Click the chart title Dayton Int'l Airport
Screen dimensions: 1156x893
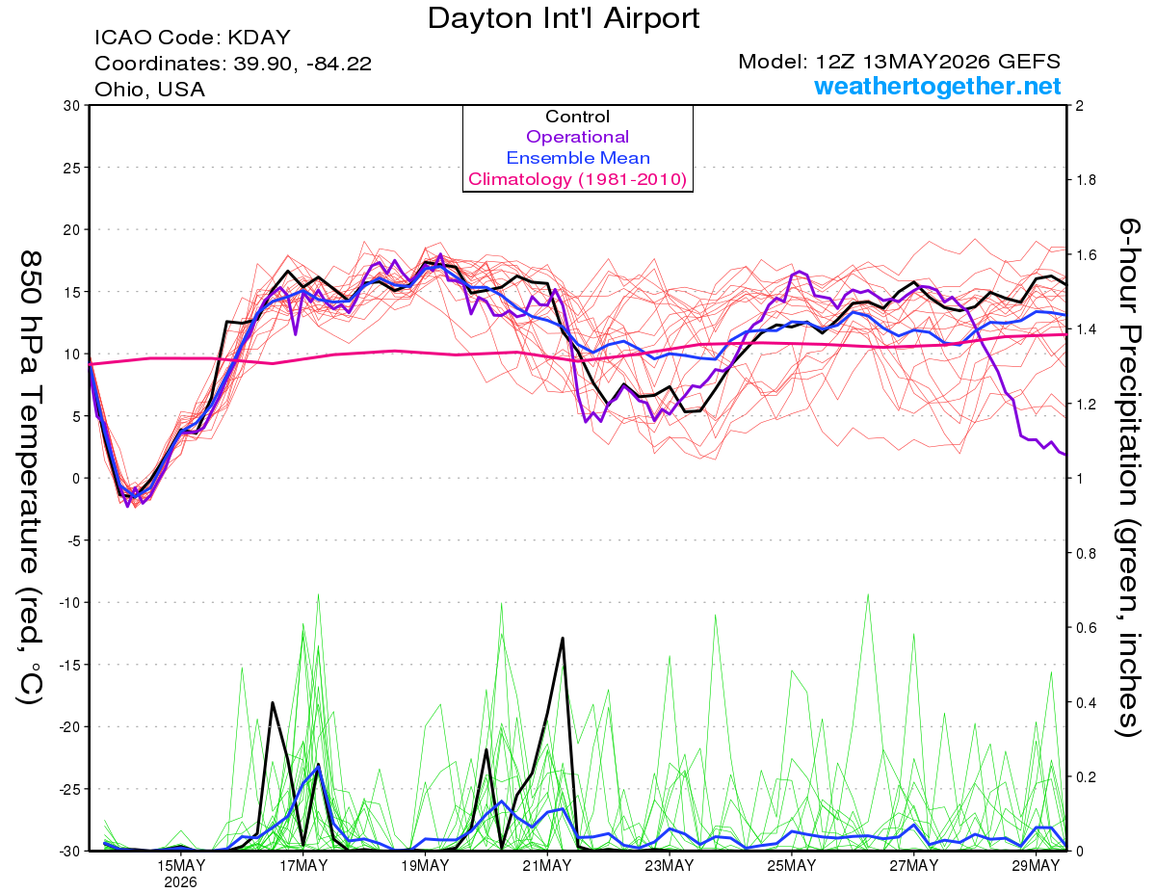(564, 18)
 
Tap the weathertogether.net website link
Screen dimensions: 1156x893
(937, 86)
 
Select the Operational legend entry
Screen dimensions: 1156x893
(578, 137)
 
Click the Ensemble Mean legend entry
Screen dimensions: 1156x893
(578, 157)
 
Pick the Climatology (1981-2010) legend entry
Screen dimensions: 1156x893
(578, 179)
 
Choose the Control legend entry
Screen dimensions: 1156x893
(578, 116)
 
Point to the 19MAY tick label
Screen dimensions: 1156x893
(425, 865)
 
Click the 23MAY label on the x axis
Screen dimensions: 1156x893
(670, 865)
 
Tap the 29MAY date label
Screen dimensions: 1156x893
(1036, 865)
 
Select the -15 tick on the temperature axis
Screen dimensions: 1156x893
(70, 665)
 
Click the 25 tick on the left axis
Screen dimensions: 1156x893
(72, 168)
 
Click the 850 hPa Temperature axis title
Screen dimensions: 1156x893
(30, 478)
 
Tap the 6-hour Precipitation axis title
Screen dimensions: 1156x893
(1128, 478)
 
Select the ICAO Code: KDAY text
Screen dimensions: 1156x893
(193, 38)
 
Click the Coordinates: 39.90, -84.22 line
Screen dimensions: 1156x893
(233, 64)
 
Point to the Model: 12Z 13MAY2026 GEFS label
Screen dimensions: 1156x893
(899, 62)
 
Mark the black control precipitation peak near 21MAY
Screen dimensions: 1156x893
(563, 638)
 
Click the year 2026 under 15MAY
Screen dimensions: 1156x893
(180, 882)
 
